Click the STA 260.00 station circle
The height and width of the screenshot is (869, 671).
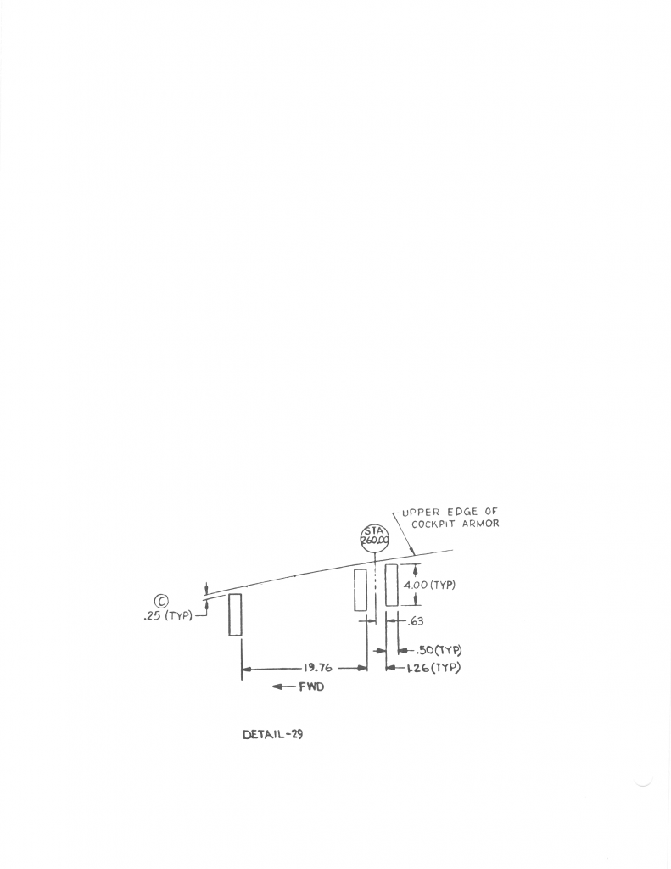(375, 539)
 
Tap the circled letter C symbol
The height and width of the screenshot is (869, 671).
(158, 602)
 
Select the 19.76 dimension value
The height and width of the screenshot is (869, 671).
(317, 668)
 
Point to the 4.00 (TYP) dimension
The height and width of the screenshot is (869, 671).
(430, 585)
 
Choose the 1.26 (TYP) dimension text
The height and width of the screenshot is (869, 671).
(433, 668)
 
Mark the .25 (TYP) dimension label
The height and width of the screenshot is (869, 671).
(168, 616)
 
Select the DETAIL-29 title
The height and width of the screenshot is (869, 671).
(272, 734)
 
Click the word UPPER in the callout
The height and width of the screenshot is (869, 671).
(419, 512)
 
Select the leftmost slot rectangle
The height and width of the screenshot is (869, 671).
(235, 614)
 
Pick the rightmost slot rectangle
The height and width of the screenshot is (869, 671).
(391, 585)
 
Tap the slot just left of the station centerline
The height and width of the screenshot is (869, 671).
(361, 590)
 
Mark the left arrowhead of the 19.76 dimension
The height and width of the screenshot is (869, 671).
(247, 669)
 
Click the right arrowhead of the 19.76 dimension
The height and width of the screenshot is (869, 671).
(362, 669)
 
